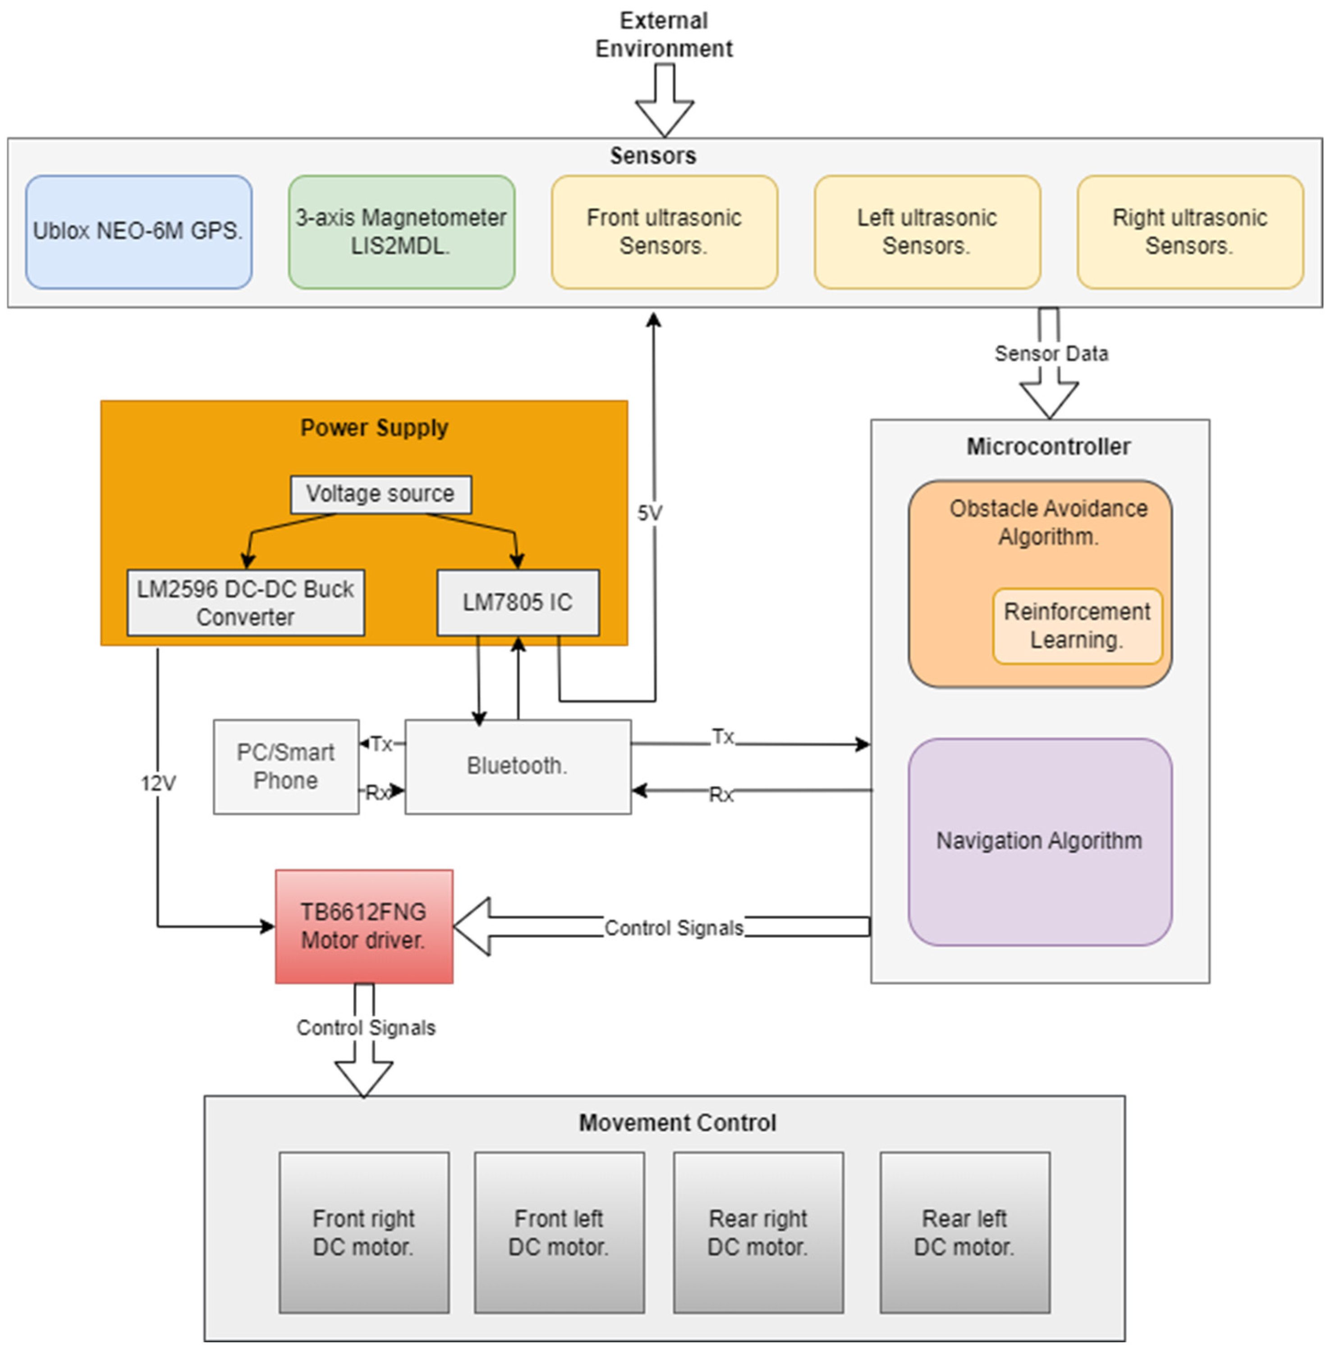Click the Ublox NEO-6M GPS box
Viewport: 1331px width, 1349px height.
point(138,232)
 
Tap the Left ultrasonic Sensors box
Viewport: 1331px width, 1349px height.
point(926,232)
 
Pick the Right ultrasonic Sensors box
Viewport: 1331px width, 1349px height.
point(1189,232)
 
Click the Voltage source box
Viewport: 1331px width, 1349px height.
point(380,494)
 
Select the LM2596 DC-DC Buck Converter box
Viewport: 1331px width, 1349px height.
point(245,602)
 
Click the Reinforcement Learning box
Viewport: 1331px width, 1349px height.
point(1076,626)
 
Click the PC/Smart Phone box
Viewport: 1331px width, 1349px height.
point(285,766)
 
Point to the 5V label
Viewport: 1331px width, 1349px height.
point(649,513)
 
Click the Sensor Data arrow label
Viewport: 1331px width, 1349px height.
point(1050,354)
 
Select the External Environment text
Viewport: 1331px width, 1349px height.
point(663,35)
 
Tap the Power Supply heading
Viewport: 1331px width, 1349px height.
point(374,428)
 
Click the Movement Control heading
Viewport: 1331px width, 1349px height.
point(677,1123)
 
